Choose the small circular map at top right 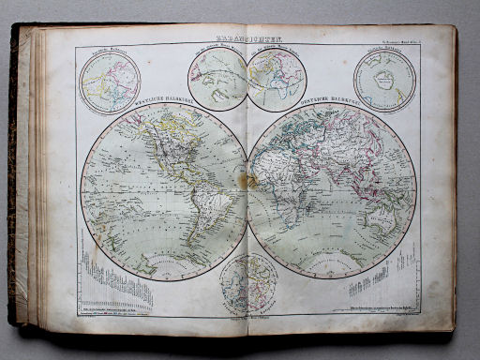tap(384, 81)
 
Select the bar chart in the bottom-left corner tap(117, 281)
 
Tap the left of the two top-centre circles tap(218, 79)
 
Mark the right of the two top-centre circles tap(277, 79)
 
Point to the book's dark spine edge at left tap(14, 178)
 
